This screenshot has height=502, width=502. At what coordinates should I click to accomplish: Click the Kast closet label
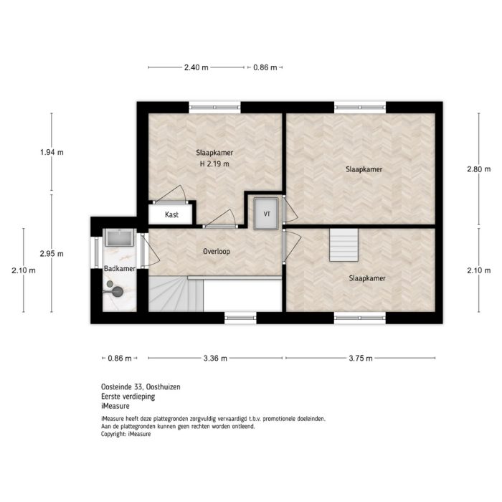[171, 214]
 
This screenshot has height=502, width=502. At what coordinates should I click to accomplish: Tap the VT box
[267, 214]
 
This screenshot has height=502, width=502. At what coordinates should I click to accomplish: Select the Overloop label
[216, 252]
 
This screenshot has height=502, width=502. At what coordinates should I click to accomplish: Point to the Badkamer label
[119, 268]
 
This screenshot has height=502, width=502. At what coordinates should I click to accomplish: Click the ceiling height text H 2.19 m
[214, 164]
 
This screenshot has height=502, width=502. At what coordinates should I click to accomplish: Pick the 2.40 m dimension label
[196, 67]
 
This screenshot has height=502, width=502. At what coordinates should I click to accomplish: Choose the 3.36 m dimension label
[215, 358]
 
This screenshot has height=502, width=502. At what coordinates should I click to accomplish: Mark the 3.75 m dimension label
[360, 358]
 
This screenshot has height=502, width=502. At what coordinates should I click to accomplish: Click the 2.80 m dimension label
[478, 170]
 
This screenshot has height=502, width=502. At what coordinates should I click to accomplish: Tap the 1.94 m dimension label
[52, 152]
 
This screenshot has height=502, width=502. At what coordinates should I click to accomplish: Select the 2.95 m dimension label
[52, 253]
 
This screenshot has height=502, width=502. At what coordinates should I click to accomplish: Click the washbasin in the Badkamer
[116, 237]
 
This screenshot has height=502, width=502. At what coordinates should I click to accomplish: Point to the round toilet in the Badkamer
[115, 290]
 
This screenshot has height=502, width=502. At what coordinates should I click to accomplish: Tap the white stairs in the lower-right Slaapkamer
[343, 245]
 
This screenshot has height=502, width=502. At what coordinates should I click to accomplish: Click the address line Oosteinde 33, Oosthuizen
[141, 387]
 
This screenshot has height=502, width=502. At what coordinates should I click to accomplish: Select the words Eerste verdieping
[128, 396]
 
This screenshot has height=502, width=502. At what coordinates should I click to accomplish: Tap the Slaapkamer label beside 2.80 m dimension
[364, 170]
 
